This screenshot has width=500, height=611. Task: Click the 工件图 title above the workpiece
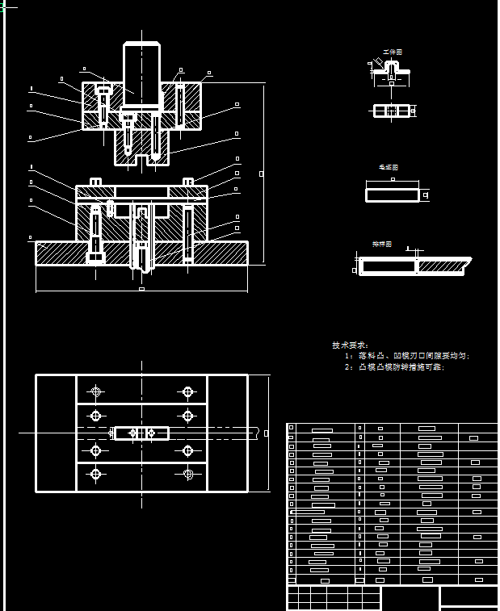[392, 52]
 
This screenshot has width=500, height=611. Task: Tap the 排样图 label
[381, 243]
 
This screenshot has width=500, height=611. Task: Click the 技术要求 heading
[349, 345]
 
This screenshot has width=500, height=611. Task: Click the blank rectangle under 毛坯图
[393, 195]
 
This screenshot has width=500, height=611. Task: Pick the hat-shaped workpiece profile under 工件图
[392, 70]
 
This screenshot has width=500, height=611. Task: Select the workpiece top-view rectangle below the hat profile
[392, 111]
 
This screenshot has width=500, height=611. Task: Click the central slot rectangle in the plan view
[141, 433]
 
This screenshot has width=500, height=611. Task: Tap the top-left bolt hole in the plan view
[96, 392]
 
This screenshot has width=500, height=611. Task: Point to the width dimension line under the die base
[141, 288]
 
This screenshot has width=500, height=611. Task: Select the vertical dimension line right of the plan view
[269, 433]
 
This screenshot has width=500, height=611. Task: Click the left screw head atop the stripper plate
[96, 181]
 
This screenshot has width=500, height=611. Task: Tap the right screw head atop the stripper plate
[187, 181]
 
